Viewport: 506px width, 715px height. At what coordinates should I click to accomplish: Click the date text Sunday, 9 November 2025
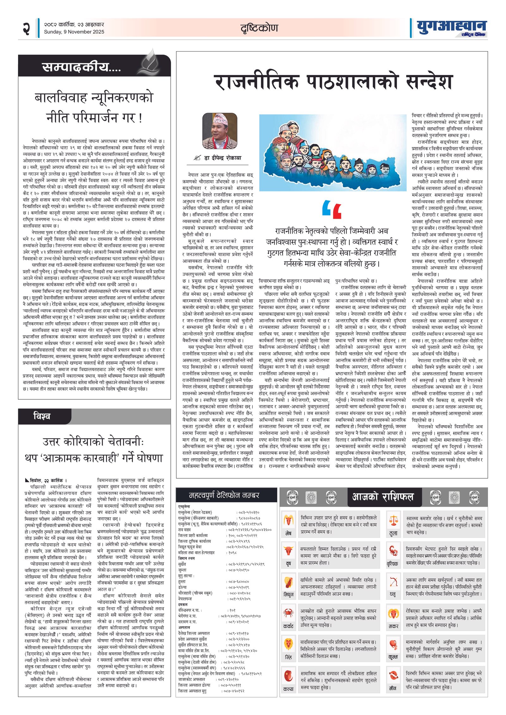(74, 32)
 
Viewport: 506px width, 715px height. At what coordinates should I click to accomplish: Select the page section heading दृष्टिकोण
(259, 28)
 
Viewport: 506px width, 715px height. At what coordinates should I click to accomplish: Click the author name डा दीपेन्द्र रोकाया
(222, 158)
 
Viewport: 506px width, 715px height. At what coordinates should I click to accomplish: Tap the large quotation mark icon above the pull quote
(332, 209)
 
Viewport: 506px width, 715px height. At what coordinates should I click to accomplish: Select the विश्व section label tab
(42, 416)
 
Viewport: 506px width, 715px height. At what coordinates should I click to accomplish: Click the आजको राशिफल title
(383, 497)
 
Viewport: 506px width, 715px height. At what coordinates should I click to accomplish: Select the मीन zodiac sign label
(393, 688)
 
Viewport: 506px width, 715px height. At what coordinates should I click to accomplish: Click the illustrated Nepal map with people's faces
(332, 153)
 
